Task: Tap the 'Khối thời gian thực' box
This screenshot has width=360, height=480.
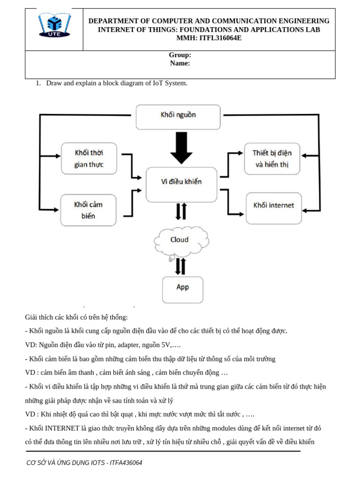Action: coord(89,158)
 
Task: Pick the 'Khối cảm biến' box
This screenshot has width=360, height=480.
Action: coord(88,210)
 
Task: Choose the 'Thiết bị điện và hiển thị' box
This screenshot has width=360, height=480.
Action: coord(272,158)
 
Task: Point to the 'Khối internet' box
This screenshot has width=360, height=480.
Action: coord(273,205)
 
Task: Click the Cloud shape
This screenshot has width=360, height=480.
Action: coord(179,241)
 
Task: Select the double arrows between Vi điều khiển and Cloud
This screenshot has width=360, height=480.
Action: coord(181,212)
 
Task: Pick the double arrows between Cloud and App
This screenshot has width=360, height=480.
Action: coord(180,266)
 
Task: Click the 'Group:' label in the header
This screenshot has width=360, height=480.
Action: coord(180,55)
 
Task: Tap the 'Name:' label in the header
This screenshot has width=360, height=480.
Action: coord(180,63)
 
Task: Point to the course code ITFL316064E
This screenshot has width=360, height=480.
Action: coord(221,38)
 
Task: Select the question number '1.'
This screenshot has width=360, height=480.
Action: coord(39,83)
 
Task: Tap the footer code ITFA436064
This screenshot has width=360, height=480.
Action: coord(126,463)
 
